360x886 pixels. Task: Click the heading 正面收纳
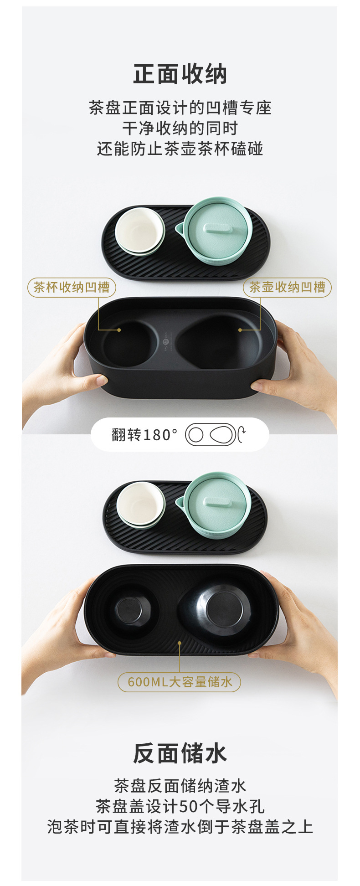[x=180, y=74]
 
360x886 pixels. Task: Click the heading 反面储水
[x=180, y=753]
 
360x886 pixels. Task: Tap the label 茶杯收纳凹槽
[x=72, y=288]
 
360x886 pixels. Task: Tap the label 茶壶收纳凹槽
[x=287, y=288]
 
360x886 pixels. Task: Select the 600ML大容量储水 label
[x=180, y=682]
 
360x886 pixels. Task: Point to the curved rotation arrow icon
[x=242, y=435]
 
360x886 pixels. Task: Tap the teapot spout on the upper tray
[x=180, y=227]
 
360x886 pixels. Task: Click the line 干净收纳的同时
[x=180, y=129]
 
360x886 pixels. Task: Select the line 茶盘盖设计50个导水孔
[x=180, y=806]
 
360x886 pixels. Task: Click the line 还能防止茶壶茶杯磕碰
[x=180, y=149]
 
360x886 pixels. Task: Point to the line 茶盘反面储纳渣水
[x=180, y=786]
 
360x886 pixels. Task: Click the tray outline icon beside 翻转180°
[x=211, y=435]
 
